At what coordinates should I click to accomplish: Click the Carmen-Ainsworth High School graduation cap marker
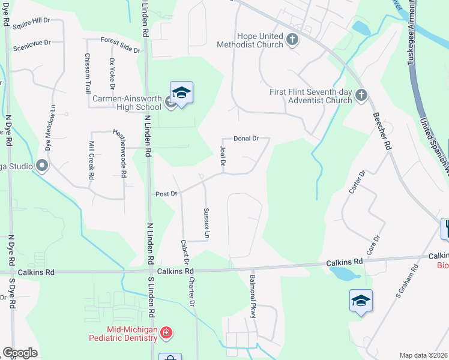click(181, 93)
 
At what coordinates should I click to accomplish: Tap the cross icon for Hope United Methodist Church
click(292, 40)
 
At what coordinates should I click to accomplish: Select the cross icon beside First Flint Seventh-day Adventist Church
click(361, 95)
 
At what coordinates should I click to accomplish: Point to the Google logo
click(20, 353)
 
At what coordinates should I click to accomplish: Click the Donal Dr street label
click(246, 138)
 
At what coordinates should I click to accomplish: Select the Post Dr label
click(166, 194)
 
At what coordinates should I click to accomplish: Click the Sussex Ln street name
click(206, 223)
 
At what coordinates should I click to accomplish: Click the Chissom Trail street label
click(88, 73)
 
